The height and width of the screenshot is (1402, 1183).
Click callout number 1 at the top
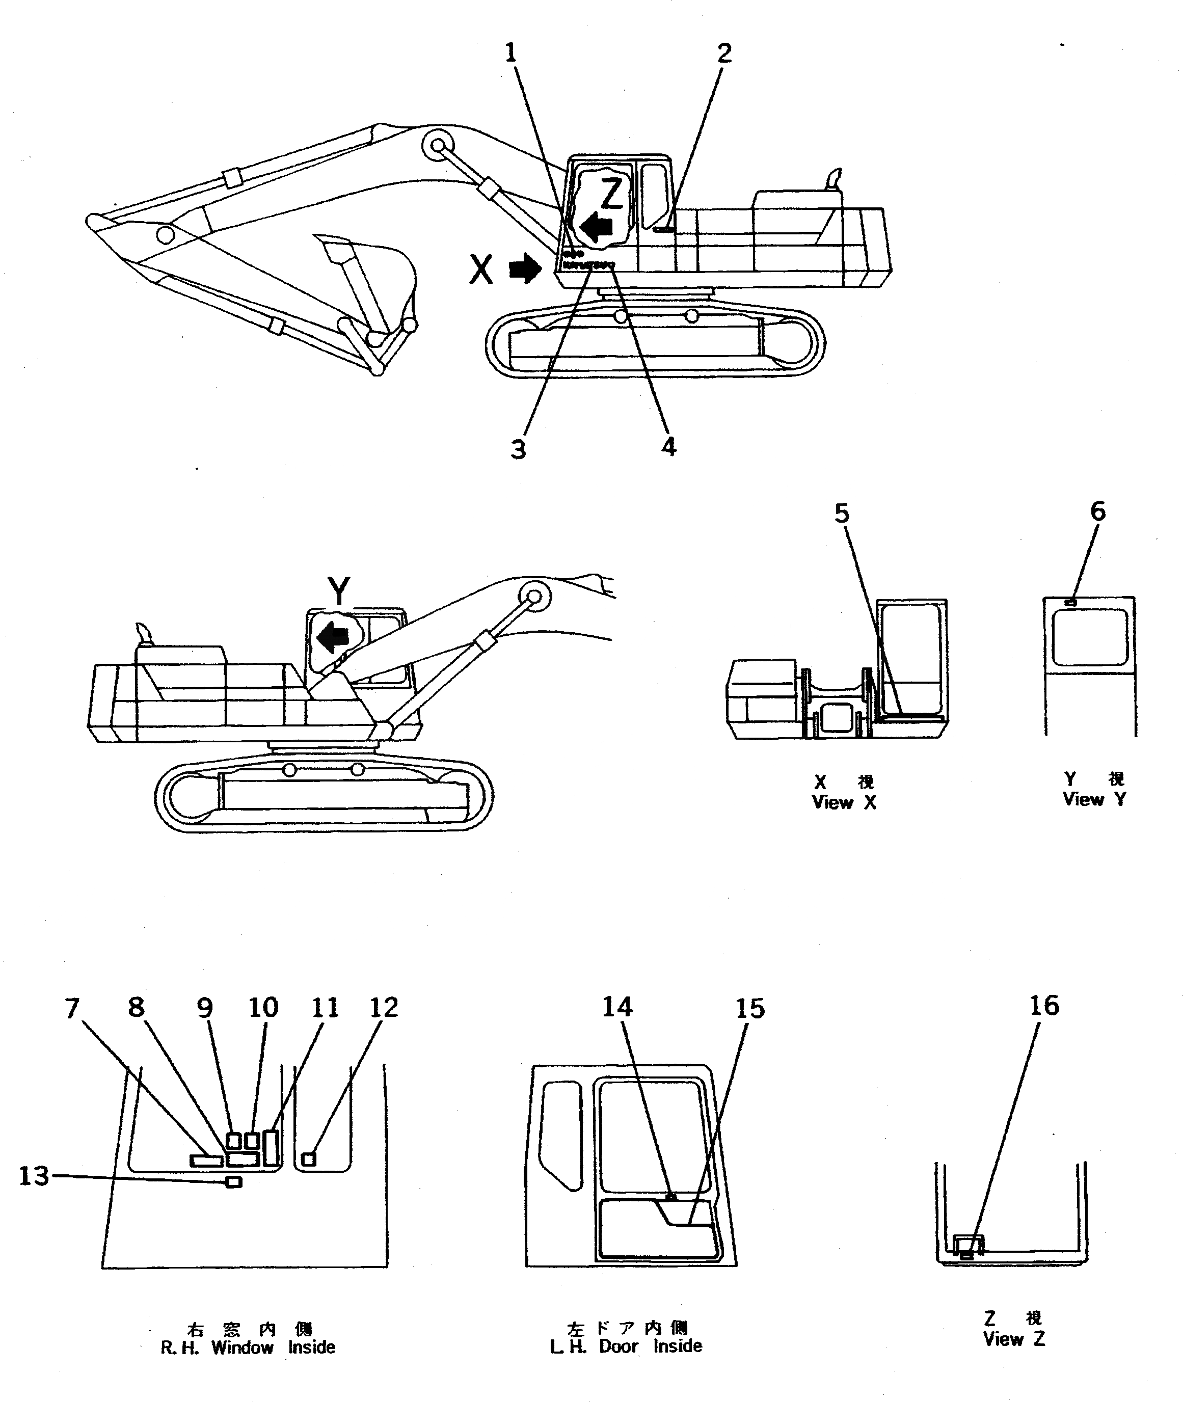(x=511, y=52)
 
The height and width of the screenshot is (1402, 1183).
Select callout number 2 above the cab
(x=724, y=53)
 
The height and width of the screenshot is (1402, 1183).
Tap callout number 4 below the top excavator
(x=668, y=447)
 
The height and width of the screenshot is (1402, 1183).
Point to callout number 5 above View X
(x=842, y=514)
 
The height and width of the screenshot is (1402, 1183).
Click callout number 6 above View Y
(x=1097, y=511)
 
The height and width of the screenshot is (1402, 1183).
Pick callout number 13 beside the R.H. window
(x=34, y=1176)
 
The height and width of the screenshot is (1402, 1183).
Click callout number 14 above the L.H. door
(x=617, y=1006)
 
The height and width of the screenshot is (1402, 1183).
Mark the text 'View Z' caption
(x=1014, y=1339)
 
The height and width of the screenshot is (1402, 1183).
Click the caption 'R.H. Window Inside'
(x=248, y=1347)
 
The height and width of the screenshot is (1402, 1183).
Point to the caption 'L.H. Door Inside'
(x=626, y=1345)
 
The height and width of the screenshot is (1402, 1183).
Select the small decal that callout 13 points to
(x=234, y=1182)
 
